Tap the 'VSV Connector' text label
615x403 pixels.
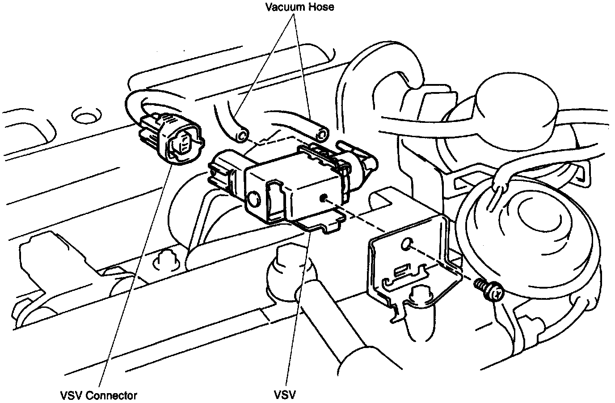tap(98, 395)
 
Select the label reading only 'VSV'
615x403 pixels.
tap(285, 395)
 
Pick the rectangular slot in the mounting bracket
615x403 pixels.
tap(401, 271)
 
